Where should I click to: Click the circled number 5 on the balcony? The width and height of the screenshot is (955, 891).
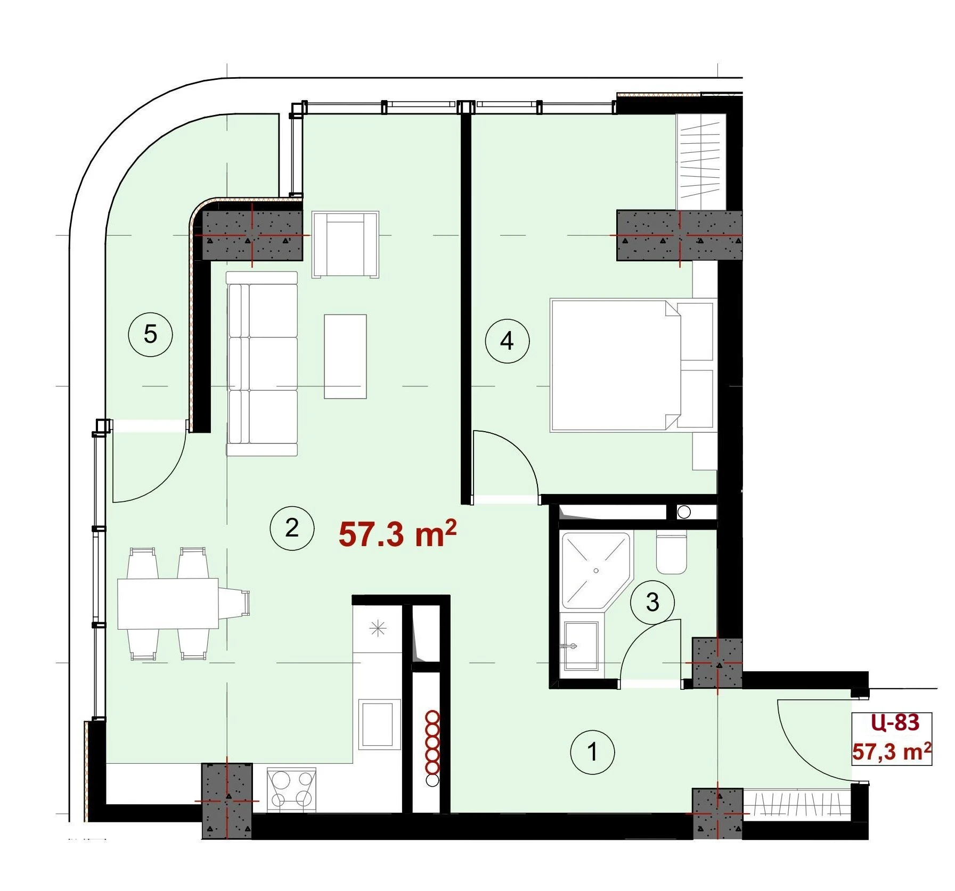pyautogui.click(x=151, y=335)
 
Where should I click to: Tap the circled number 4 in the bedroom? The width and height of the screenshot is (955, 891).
pyautogui.click(x=507, y=341)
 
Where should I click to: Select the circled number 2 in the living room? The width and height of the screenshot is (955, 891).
pyautogui.click(x=292, y=528)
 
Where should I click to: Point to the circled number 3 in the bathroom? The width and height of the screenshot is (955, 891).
pyautogui.click(x=652, y=603)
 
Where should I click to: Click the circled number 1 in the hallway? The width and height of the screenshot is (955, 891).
pyautogui.click(x=592, y=753)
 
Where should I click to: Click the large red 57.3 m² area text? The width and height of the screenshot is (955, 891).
pyautogui.click(x=397, y=534)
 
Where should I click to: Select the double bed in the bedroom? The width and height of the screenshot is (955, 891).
pyautogui.click(x=632, y=365)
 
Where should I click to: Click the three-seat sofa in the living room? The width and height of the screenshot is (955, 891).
pyautogui.click(x=262, y=364)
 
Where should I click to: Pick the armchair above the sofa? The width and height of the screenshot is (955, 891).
pyautogui.click(x=346, y=244)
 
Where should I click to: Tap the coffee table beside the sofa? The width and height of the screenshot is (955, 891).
pyautogui.click(x=345, y=356)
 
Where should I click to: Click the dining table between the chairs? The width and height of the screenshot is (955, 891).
pyautogui.click(x=168, y=604)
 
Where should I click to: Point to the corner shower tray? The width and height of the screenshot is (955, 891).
pyautogui.click(x=595, y=570)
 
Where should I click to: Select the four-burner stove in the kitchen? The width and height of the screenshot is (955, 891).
pyautogui.click(x=291, y=790)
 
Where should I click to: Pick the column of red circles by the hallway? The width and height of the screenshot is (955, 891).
pyautogui.click(x=432, y=747)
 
